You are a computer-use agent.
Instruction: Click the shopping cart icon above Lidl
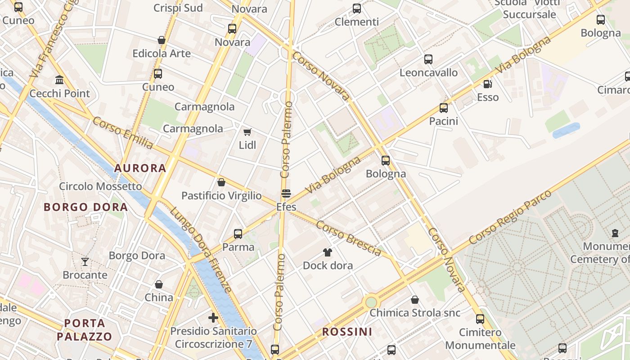247,132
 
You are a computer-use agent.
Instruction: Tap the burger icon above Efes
286,193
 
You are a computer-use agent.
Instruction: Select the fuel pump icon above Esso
487,84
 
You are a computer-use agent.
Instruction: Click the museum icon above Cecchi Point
59,80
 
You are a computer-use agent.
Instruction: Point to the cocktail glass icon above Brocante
85,261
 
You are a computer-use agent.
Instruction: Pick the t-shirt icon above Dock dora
327,252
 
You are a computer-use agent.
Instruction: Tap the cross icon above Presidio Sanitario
213,318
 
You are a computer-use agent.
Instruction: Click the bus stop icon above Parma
238,234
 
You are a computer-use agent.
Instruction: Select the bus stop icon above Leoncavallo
428,59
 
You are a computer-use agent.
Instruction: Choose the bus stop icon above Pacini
444,108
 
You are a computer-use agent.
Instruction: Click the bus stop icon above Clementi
357,8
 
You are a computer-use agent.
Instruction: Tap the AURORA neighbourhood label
140,168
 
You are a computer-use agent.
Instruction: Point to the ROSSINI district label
347,332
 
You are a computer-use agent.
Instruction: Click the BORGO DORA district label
86,207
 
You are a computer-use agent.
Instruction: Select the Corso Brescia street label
349,238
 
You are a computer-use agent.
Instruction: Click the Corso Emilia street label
123,133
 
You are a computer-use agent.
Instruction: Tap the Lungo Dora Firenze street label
201,250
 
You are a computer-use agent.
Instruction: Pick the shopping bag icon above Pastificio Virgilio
221,182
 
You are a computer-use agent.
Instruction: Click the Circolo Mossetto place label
100,186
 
